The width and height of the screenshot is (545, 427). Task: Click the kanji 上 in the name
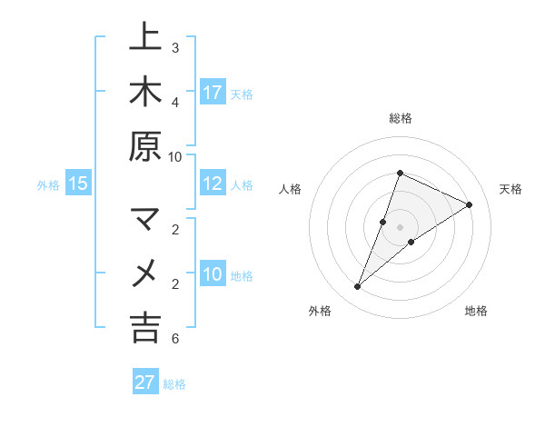145,38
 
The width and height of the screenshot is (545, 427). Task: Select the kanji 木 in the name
145,93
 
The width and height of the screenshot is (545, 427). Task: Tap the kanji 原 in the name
145,147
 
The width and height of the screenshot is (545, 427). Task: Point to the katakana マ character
145,220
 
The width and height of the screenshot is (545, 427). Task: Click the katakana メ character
145,273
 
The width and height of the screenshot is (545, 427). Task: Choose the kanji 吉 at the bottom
145,328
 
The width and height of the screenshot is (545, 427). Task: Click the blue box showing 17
213,93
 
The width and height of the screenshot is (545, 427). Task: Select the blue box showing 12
213,184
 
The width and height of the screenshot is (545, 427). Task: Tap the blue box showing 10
213,274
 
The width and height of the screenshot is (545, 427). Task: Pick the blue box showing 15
77,184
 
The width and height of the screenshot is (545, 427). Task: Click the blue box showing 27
144,382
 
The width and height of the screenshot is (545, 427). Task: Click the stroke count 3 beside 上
174,47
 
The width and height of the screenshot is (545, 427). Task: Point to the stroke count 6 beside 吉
174,339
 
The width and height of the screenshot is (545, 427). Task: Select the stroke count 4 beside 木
174,102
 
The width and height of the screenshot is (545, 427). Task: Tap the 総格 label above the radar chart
400,118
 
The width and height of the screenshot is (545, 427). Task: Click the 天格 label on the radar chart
510,189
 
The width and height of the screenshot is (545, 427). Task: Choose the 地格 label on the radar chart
476,311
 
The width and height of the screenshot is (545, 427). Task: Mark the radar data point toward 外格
358,287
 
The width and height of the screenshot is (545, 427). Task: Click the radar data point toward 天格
469,205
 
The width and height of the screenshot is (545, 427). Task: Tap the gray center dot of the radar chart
400,227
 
